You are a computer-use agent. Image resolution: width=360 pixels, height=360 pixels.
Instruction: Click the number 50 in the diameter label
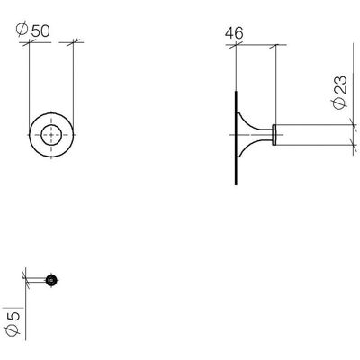tap(40, 31)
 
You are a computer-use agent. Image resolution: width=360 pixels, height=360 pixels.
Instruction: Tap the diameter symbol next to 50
tap(22, 30)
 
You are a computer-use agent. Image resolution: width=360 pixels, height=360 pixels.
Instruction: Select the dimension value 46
tap(234, 32)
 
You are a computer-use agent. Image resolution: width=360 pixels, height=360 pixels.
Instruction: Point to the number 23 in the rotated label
tap(340, 85)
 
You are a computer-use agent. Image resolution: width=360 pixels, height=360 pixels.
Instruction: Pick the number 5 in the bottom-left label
tap(13, 316)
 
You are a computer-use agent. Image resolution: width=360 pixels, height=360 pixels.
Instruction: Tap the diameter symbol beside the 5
tap(13, 329)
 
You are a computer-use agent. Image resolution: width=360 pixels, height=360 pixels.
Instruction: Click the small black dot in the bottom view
tap(52, 280)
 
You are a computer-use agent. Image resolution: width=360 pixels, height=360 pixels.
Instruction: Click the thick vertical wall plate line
tap(236, 138)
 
